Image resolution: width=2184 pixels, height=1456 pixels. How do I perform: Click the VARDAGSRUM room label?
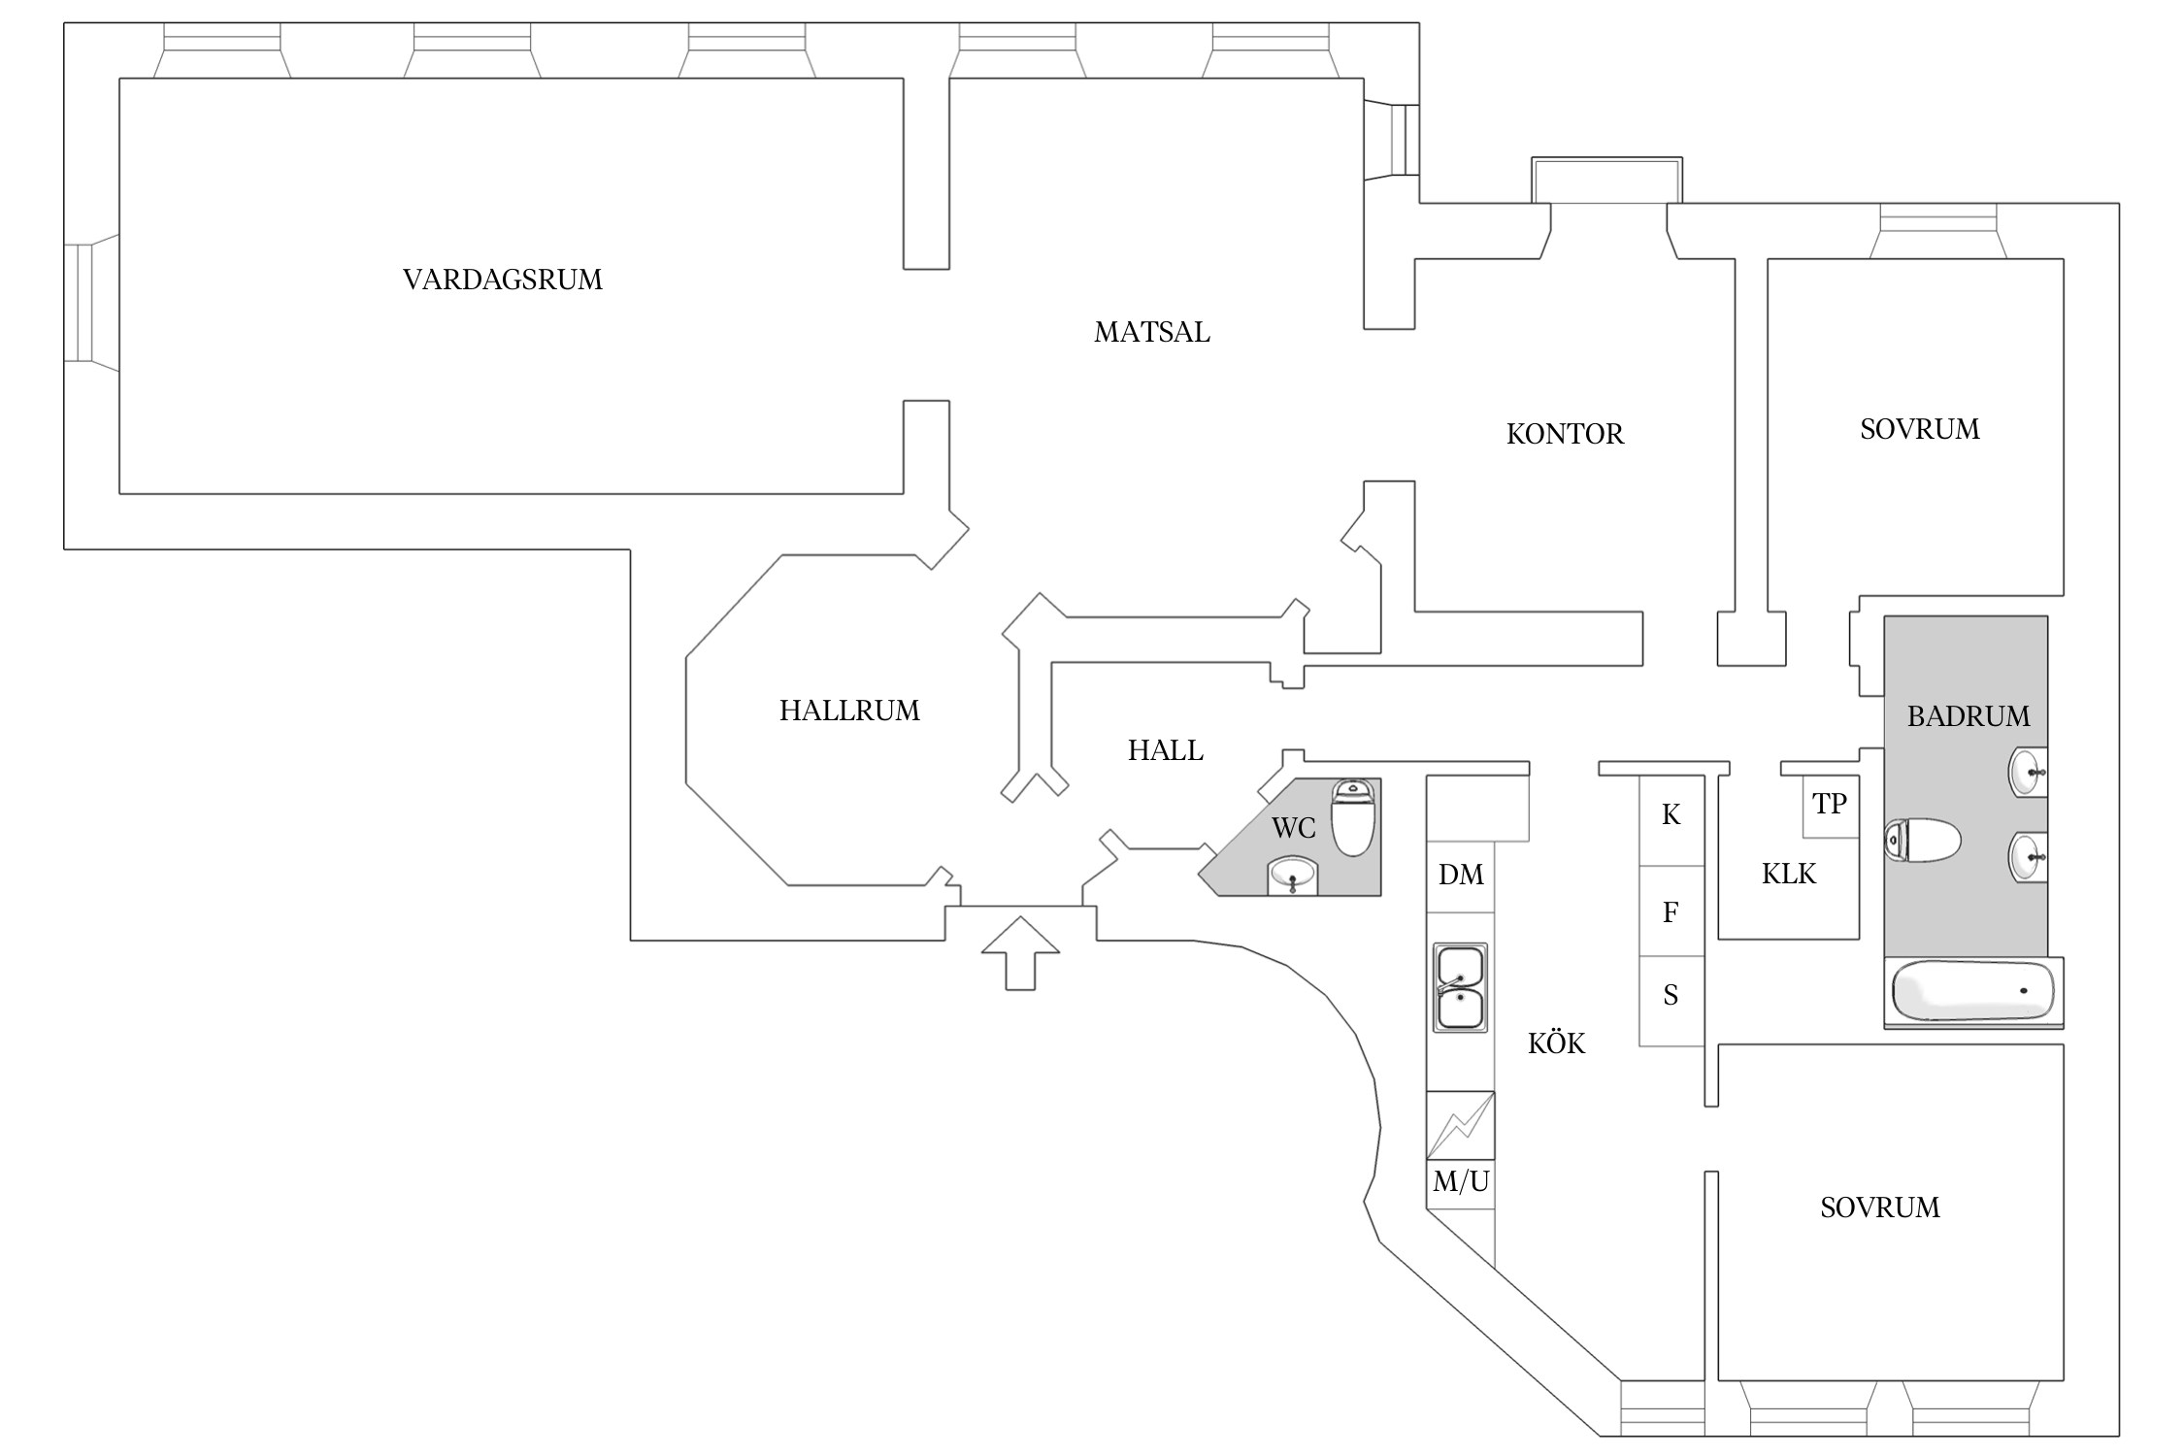coord(502,280)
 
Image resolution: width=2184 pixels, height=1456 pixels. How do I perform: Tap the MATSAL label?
coord(1151,332)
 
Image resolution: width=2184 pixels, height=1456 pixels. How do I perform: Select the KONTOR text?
coord(1564,434)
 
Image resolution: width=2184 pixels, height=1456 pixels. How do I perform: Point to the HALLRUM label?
coord(849,711)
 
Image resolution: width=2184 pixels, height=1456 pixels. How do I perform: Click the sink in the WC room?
coord(1293,876)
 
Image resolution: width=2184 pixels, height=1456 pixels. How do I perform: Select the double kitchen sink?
coord(1460,987)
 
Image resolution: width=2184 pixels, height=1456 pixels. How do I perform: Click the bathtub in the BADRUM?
coord(1972,991)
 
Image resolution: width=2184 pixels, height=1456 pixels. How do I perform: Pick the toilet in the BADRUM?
coord(1922,841)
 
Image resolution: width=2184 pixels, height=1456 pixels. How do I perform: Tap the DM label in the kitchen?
coord(1461,876)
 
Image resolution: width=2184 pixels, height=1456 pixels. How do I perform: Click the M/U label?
coord(1461,1181)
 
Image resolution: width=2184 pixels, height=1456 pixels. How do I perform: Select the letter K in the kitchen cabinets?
coord(1671,814)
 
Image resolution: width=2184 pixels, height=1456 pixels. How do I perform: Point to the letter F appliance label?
coord(1671,912)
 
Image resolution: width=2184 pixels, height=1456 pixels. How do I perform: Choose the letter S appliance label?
coord(1671,995)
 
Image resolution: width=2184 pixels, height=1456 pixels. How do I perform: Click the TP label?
coord(1830,804)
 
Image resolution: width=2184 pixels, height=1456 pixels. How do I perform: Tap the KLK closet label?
coord(1788,874)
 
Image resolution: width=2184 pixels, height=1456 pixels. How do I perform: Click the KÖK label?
coord(1556,1043)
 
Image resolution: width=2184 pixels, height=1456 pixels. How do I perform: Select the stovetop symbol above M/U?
coord(1460,1125)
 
